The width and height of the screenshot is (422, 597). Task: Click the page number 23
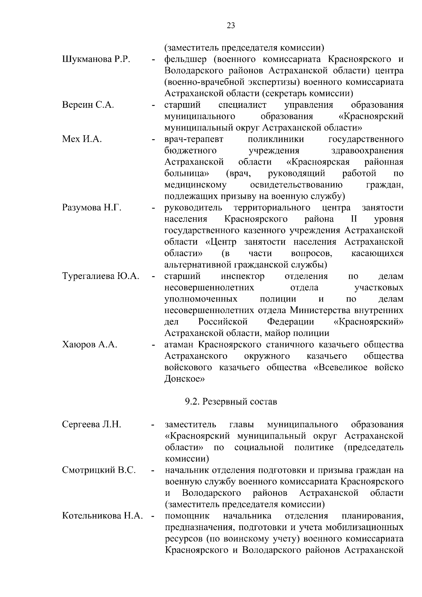point(231,25)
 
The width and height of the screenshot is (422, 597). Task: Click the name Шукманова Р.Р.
point(96,59)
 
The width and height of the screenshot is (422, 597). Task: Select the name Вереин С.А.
point(88,105)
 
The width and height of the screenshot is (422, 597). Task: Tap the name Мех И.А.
point(82,139)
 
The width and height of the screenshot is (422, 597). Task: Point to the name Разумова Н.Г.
point(92,208)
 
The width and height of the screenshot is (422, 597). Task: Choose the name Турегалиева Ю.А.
point(101,276)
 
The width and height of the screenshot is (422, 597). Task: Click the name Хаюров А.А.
point(90,345)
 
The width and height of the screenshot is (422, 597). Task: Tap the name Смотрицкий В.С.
point(99,470)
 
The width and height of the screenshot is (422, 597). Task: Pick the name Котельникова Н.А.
point(102,516)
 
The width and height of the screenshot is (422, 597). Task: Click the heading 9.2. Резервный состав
point(231,401)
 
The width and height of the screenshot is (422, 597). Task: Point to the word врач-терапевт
point(194,139)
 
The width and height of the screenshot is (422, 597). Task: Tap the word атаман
point(179,345)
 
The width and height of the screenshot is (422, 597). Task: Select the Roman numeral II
point(354,219)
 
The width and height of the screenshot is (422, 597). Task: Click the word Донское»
point(184,379)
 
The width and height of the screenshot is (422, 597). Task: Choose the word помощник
point(187,516)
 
